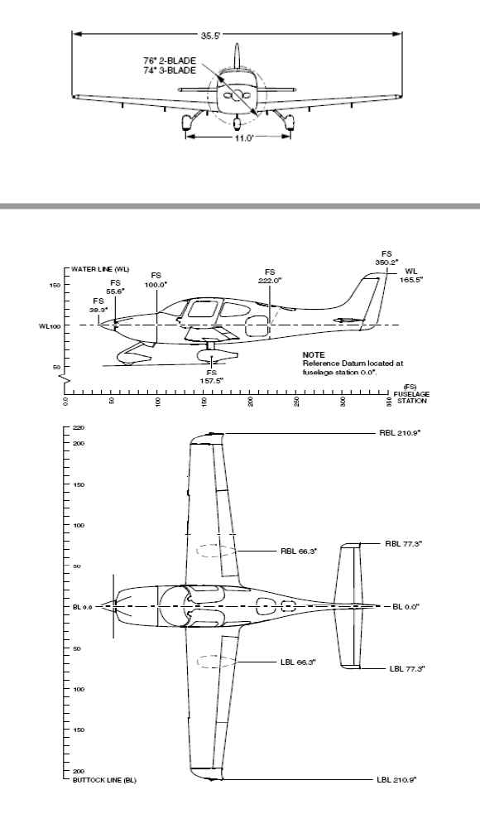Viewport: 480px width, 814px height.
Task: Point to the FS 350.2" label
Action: [x=387, y=258]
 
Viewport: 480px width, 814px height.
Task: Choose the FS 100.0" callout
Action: [x=156, y=279]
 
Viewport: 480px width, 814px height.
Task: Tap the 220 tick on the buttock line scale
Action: [x=79, y=428]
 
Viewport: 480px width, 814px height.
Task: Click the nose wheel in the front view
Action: [x=238, y=124]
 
